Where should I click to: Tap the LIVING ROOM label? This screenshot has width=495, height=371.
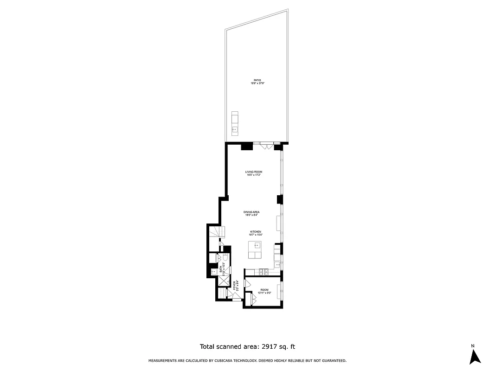(x=254, y=172)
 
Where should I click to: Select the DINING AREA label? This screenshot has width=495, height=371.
(x=251, y=212)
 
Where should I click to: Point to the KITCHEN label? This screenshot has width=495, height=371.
(x=256, y=232)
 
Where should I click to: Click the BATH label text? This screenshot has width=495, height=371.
(x=221, y=269)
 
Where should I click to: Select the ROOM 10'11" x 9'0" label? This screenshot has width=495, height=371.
(x=264, y=290)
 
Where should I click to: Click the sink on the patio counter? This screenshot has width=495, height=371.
(x=234, y=129)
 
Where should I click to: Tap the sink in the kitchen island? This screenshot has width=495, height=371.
(x=256, y=246)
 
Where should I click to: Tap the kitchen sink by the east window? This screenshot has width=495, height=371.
(x=277, y=265)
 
